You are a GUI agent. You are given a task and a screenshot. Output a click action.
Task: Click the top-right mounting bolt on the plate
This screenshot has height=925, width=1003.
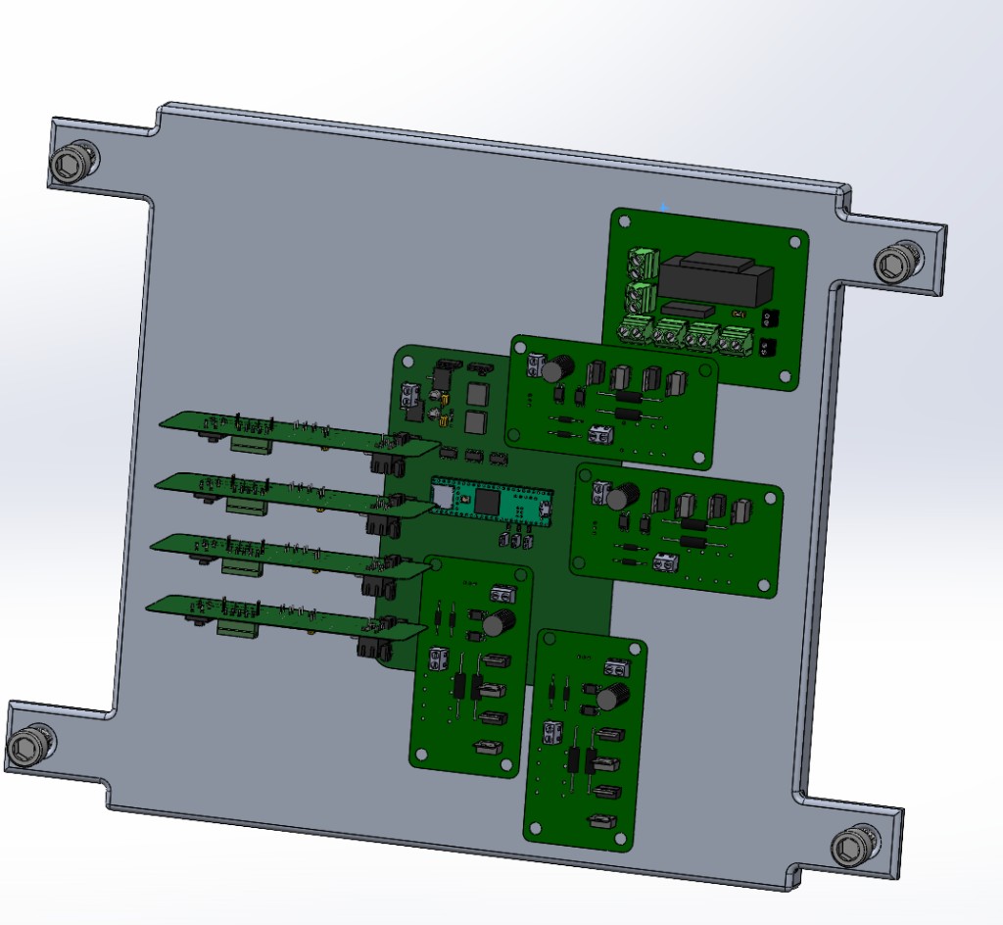(896, 263)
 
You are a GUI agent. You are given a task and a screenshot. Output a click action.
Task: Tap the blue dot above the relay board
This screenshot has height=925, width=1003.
(664, 207)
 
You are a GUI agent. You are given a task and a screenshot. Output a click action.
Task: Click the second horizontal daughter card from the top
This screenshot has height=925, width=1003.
(284, 492)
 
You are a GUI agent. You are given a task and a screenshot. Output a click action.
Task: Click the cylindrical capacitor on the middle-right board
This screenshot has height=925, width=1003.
(618, 497)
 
